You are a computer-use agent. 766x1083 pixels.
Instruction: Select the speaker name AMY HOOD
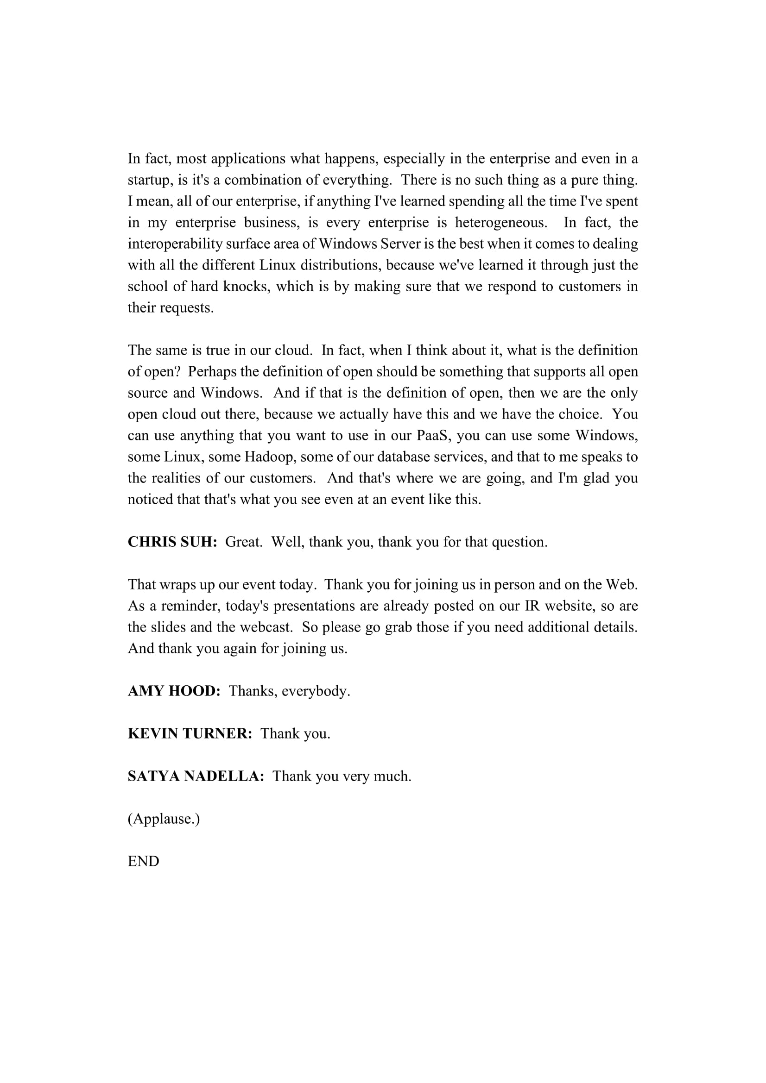pyautogui.click(x=174, y=691)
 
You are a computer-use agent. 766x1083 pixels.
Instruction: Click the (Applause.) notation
pyautogui.click(x=164, y=818)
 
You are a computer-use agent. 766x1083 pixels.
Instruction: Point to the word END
pyautogui.click(x=144, y=861)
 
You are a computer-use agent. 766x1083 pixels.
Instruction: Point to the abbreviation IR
pyautogui.click(x=532, y=606)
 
